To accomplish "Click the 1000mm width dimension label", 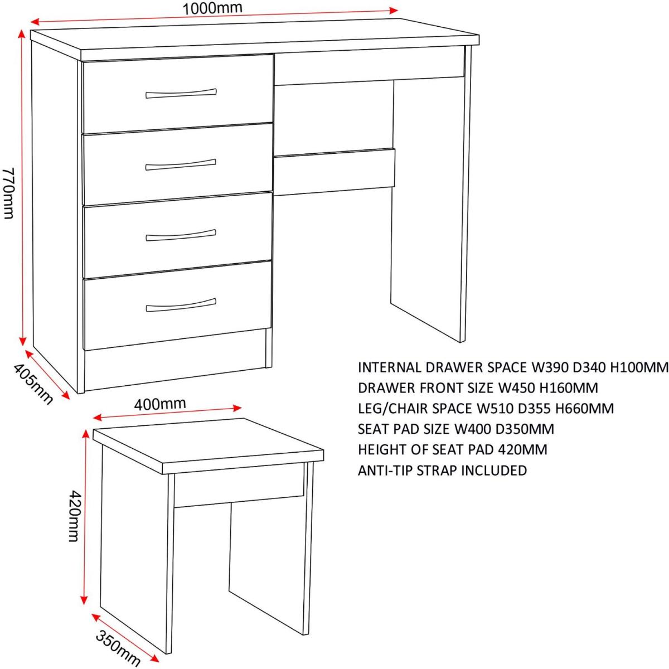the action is point(212,8).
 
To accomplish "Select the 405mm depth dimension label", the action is point(33,384).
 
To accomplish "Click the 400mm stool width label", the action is point(160,404).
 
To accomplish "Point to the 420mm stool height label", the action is point(74,516).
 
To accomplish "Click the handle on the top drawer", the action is point(181,94).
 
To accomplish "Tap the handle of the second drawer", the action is point(181,164).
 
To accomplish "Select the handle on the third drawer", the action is point(181,235).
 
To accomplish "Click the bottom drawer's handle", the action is point(181,305).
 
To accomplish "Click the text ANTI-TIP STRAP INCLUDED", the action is point(442,471).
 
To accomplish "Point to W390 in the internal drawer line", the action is point(544,367).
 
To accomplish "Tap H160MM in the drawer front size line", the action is point(568,388).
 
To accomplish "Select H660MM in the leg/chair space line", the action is point(585,408).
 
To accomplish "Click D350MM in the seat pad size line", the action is point(525,429).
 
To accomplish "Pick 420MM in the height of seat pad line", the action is point(522,449).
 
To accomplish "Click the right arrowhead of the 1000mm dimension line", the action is point(394,11).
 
